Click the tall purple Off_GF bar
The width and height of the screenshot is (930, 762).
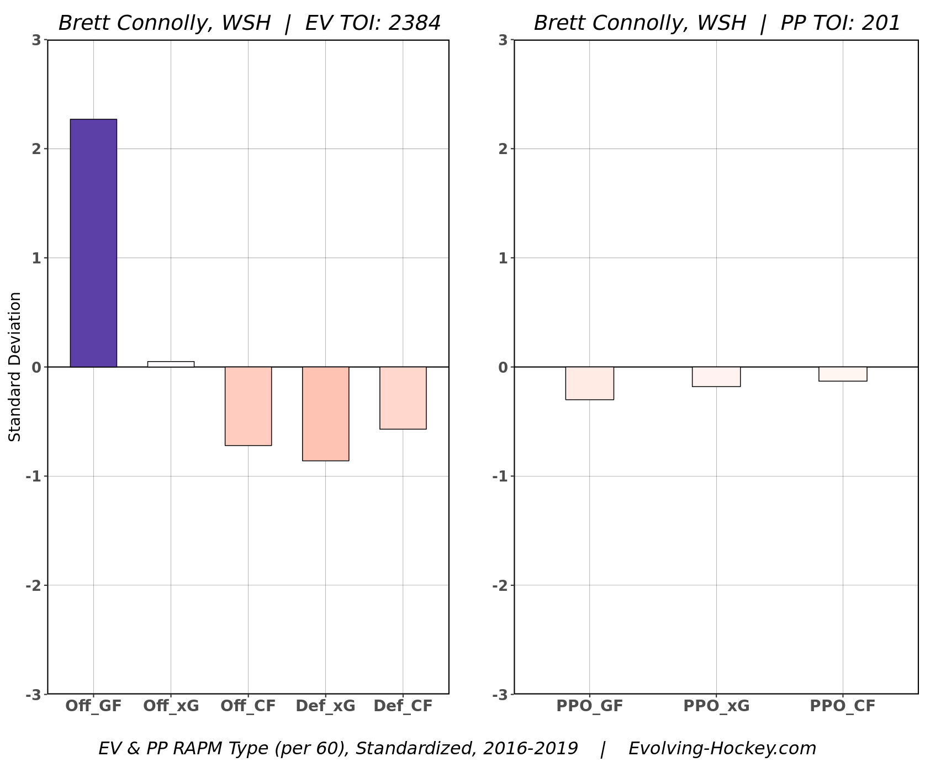point(93,243)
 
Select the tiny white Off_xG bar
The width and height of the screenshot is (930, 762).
point(171,364)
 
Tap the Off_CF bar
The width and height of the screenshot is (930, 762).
point(248,406)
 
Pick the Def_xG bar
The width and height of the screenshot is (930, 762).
point(325,414)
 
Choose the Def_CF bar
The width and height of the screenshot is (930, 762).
point(403,398)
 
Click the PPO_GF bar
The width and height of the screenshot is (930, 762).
point(589,383)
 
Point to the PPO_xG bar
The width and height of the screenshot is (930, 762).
point(716,377)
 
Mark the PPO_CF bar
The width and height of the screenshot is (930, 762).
point(842,374)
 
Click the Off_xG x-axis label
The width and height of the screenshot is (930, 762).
point(171,706)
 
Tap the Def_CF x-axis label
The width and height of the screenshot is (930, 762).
point(403,706)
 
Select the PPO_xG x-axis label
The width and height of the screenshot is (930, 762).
point(716,706)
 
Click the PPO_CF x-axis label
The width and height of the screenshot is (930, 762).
point(842,706)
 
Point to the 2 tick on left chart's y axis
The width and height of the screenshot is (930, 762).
point(36,149)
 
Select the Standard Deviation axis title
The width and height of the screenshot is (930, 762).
point(15,367)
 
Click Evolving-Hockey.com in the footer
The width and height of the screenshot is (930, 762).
point(722,748)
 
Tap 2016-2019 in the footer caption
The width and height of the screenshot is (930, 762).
point(530,748)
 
